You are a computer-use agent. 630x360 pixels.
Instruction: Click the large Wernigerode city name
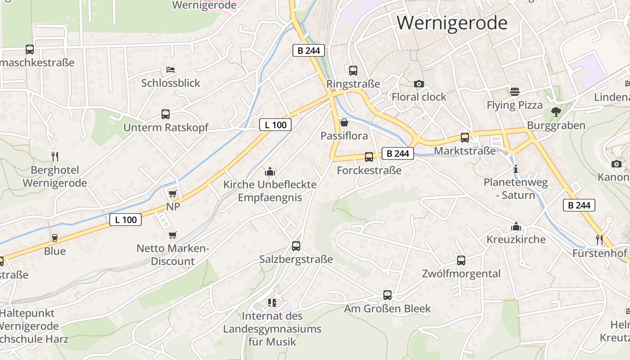[x=452, y=22]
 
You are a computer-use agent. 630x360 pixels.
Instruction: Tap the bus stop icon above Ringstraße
[x=353, y=70]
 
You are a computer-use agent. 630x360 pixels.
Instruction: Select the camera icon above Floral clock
[x=419, y=84]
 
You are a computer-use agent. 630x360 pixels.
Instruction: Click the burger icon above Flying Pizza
[x=515, y=92]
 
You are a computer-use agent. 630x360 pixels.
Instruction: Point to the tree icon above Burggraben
[x=556, y=112]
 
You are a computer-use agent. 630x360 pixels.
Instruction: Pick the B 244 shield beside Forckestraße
[x=398, y=153]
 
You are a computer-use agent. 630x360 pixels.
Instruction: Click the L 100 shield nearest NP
[x=126, y=220]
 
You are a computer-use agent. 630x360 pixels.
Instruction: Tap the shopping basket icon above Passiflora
[x=344, y=122]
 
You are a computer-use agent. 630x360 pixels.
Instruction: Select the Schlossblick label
[x=171, y=83]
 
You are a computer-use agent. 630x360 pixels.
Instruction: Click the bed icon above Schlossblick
[x=171, y=70]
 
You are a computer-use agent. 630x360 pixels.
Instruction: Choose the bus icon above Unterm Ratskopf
[x=166, y=114]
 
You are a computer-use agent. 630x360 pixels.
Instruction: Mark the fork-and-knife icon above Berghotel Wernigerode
[x=55, y=157]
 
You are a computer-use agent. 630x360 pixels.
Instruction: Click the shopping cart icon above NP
[x=172, y=193]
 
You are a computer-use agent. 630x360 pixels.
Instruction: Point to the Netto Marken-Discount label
[x=172, y=255]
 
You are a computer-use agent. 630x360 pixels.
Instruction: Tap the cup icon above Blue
[x=55, y=238]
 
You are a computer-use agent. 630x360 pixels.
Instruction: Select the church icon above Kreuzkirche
[x=516, y=226]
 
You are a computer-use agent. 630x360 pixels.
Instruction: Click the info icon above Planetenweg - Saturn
[x=516, y=169]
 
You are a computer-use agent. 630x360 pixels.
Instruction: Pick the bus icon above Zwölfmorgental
[x=461, y=260]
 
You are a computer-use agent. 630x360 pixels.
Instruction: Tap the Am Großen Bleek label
[x=387, y=309]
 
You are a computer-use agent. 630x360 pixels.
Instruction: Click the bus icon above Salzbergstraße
[x=296, y=246]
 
